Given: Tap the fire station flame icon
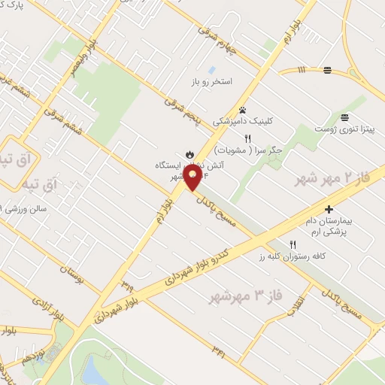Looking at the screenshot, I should click(191, 150).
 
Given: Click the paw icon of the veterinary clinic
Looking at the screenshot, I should click(242, 109).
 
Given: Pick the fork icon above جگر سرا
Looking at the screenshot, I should click(258, 138).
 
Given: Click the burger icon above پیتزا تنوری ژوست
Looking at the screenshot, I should click(344, 117).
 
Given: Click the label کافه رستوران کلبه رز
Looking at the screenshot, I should click(321, 256).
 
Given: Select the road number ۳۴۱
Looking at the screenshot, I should click(219, 349).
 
